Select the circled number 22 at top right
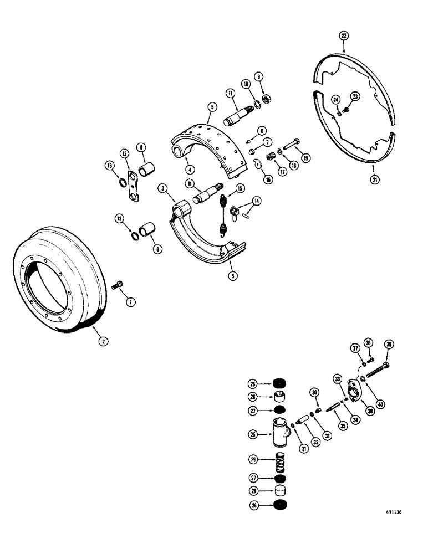[344, 36]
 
